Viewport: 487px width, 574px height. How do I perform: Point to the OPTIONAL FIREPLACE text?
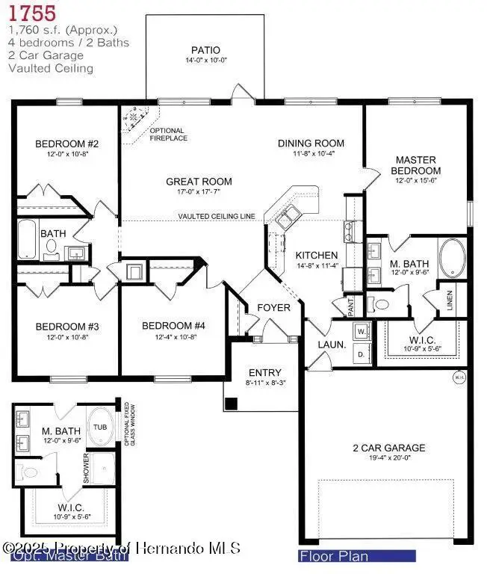click(x=168, y=135)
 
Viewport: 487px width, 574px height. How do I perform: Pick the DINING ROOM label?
click(x=311, y=143)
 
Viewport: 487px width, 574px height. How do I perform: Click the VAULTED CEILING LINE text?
click(x=217, y=217)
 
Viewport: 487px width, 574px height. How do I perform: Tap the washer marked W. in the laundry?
click(x=362, y=329)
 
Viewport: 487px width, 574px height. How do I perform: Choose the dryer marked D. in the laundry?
click(x=362, y=352)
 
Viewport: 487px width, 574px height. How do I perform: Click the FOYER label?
click(x=273, y=308)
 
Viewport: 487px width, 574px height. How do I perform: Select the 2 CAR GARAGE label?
click(x=388, y=448)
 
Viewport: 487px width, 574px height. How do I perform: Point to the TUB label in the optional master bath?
click(x=100, y=428)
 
